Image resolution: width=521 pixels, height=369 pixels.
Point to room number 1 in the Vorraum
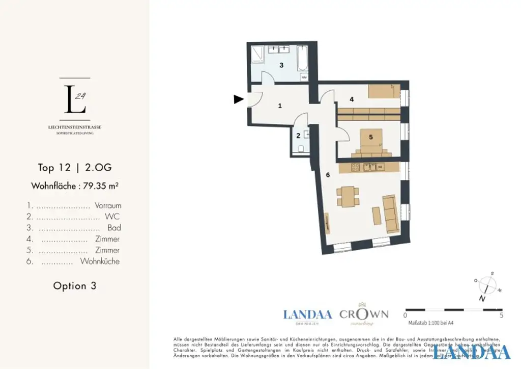[279, 106]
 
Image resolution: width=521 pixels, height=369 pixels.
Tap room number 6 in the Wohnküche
[328, 175]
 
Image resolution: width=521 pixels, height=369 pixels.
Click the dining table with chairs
[348, 196]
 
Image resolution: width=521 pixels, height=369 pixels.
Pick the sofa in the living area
[390, 213]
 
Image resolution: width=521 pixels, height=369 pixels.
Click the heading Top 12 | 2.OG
[74, 168]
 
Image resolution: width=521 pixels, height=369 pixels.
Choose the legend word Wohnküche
[100, 261]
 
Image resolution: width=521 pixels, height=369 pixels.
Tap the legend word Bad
[114, 228]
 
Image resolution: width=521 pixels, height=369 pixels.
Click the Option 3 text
[74, 286]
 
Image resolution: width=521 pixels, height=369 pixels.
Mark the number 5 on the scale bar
[502, 315]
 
